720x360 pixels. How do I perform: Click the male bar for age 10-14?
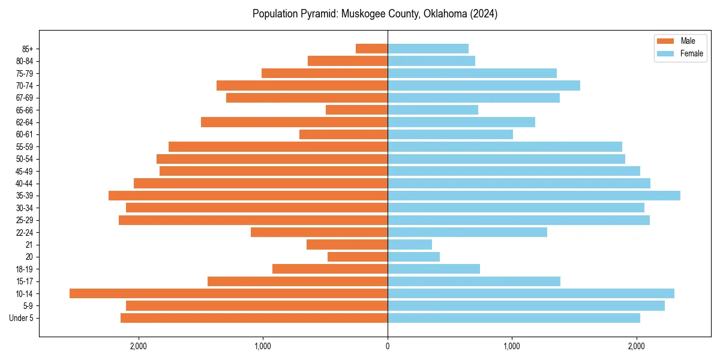coord(229,293)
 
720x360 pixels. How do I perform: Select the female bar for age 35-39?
coord(534,196)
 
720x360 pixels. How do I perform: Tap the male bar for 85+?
coord(371,49)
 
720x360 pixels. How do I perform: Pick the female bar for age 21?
coord(410,245)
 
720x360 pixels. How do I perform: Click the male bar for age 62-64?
coord(294,122)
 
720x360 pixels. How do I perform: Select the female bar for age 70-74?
coord(484,86)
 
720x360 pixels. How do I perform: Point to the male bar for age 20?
coord(358,257)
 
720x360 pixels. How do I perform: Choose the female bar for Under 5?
coord(514,318)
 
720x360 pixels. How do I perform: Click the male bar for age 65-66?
coord(356,110)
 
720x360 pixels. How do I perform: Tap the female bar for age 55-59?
coord(505,147)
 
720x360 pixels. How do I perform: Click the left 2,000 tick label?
coord(138,346)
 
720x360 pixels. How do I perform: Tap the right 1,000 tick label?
coord(512,346)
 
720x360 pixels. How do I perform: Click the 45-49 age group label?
coord(24,172)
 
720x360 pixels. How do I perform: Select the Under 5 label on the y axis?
coord(22,318)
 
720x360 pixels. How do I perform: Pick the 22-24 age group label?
coord(24,233)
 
